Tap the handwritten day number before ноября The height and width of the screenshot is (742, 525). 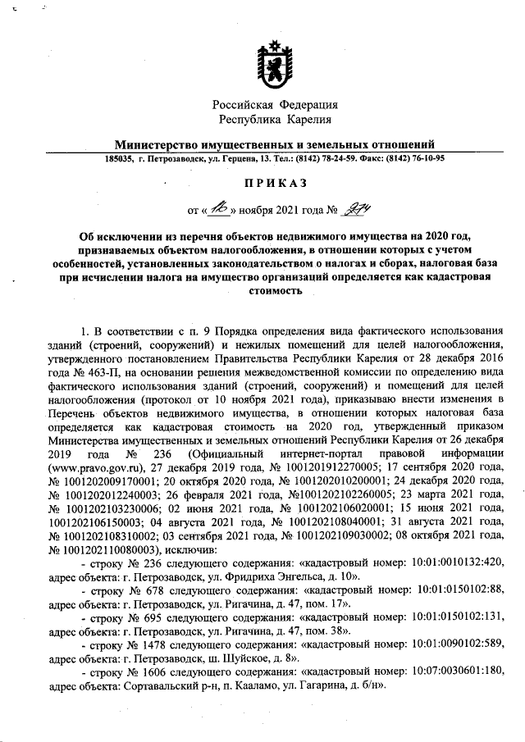(x=217, y=208)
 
